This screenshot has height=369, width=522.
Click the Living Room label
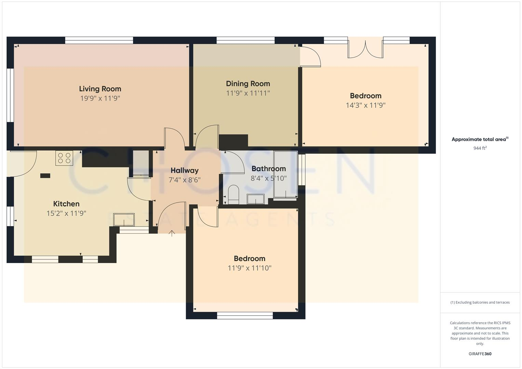pyautogui.click(x=100, y=89)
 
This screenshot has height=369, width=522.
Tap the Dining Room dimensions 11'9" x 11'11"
pyautogui.click(x=248, y=93)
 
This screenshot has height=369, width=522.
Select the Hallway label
pyautogui.click(x=185, y=170)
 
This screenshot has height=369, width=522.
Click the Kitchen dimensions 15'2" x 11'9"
pyautogui.click(x=66, y=214)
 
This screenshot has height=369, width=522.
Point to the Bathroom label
pyautogui.click(x=269, y=169)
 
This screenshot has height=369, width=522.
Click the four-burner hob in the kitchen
pyautogui.click(x=64, y=158)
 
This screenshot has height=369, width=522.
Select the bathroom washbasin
pyautogui.click(x=256, y=199)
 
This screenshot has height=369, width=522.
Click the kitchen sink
pyautogui.click(x=124, y=219)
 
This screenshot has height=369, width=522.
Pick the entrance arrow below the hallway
pyautogui.click(x=172, y=233)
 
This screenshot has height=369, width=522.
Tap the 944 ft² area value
pyautogui.click(x=480, y=148)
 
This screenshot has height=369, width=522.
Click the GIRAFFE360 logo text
pyautogui.click(x=480, y=354)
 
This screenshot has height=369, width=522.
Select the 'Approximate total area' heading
pyautogui.click(x=479, y=139)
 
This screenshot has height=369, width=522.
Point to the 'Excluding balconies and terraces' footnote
pyautogui.click(x=480, y=302)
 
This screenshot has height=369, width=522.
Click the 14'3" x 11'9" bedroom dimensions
pyautogui.click(x=365, y=105)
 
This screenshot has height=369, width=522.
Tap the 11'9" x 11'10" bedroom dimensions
pyautogui.click(x=250, y=268)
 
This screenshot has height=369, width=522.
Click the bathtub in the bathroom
pyautogui.click(x=285, y=174)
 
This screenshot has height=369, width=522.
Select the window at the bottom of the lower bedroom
pyautogui.click(x=245, y=316)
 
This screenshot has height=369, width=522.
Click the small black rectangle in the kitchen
pyautogui.click(x=45, y=176)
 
